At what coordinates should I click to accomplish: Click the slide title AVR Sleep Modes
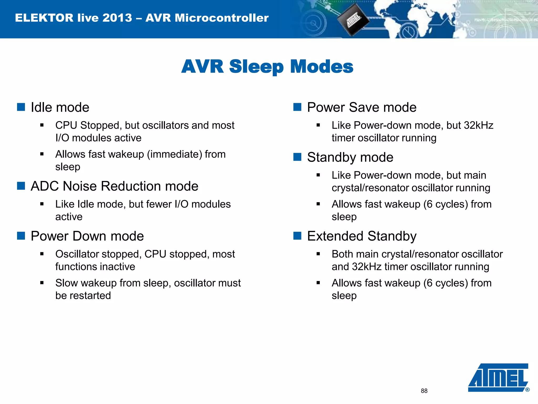coord(267,66)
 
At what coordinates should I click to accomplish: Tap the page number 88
coord(424,391)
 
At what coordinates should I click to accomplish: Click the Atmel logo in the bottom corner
coord(498,377)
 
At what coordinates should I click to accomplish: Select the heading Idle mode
coord(60,107)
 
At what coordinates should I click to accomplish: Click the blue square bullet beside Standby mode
coord(297,157)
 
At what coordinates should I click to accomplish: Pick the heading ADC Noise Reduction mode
coord(114,186)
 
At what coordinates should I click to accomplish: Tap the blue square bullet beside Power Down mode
coord(21,236)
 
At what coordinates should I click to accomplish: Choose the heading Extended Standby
coord(362,236)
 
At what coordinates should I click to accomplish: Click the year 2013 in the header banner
coord(117,18)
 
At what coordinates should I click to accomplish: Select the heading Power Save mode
coord(362,107)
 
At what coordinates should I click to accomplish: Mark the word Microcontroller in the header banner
coord(222,18)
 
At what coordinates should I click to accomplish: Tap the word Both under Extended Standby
coord(342,254)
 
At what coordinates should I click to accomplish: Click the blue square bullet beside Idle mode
coord(21,107)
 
